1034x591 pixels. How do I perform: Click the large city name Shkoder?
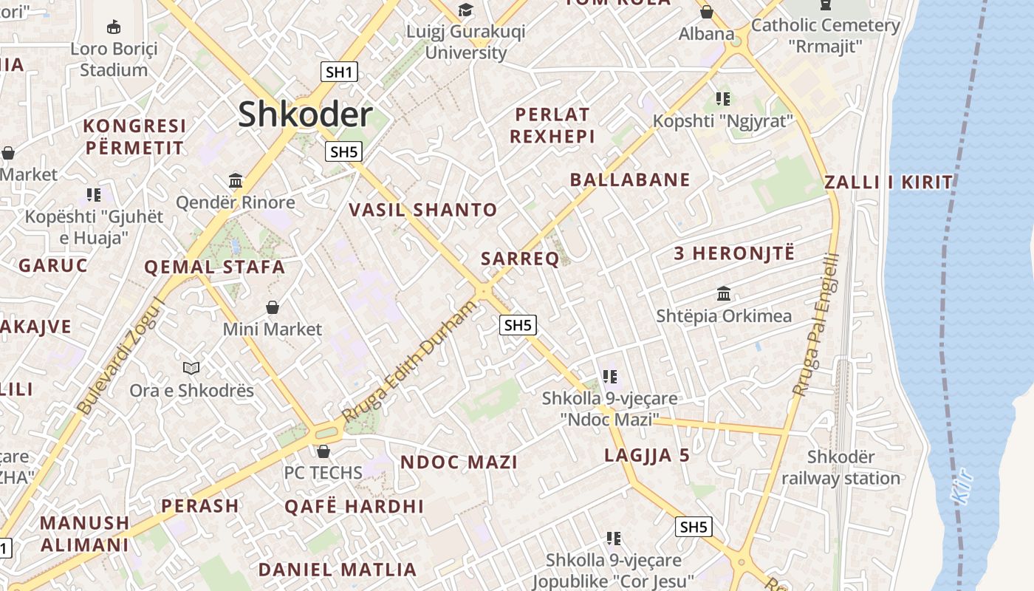point(305,115)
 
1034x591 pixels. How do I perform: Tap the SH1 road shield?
point(340,72)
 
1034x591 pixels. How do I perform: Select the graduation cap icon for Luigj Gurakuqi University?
point(465,10)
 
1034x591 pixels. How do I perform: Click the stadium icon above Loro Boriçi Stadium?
point(113,27)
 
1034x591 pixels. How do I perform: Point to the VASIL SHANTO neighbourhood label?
point(423,210)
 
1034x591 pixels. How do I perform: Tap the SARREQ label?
point(520,259)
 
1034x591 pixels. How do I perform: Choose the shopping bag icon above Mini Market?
point(273,307)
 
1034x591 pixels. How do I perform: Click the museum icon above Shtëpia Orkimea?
point(724,293)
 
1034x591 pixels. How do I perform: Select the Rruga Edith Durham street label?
point(411,362)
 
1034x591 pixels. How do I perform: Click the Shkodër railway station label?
point(841,468)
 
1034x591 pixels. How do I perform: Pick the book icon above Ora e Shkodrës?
point(191,367)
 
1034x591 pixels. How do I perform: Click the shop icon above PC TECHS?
point(323,451)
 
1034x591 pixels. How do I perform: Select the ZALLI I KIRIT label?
point(889,182)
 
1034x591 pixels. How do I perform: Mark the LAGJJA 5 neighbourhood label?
point(647,455)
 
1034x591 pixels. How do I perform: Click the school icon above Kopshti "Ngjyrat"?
point(722,98)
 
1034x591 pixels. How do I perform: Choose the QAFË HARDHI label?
point(355,506)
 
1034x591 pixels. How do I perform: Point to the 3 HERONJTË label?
point(734,253)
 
